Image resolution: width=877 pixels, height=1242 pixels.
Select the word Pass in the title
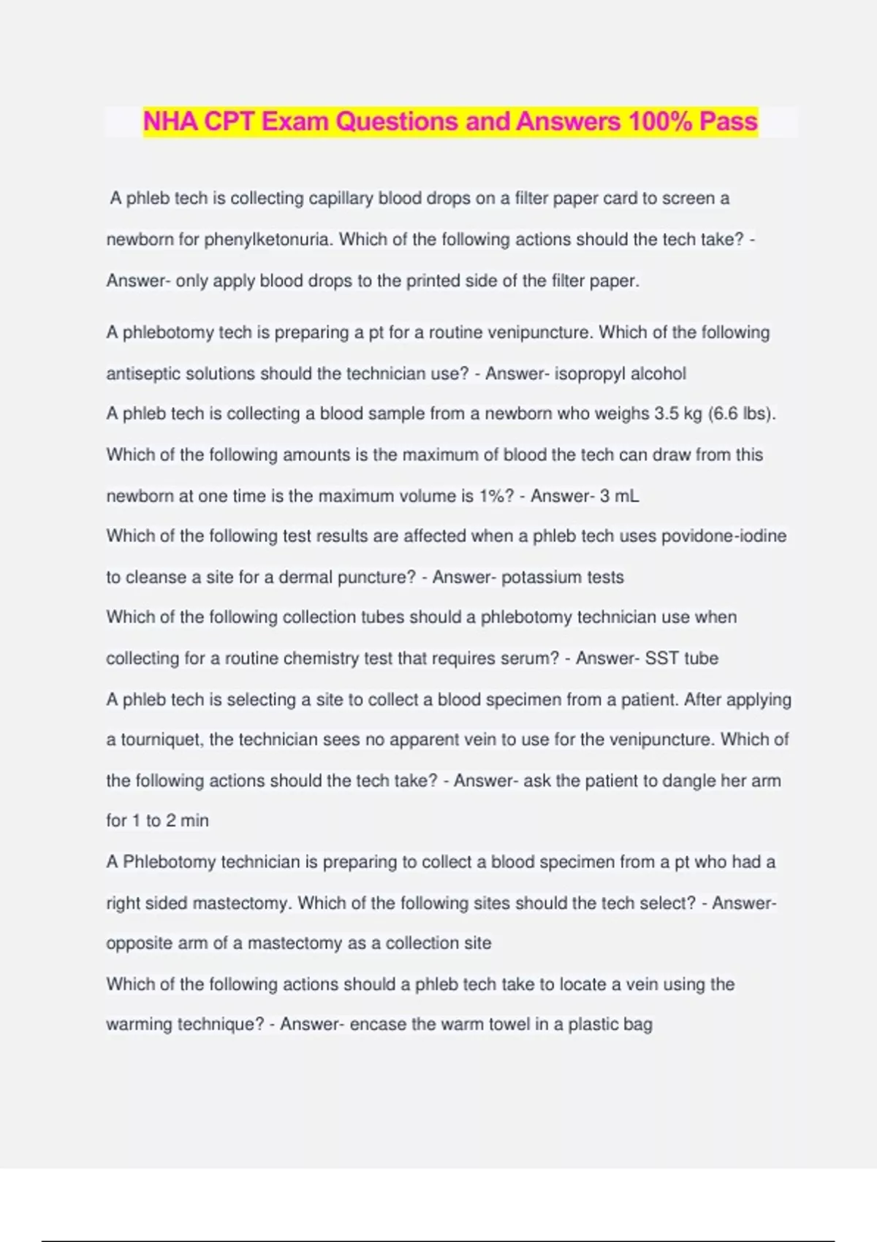pos(728,121)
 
